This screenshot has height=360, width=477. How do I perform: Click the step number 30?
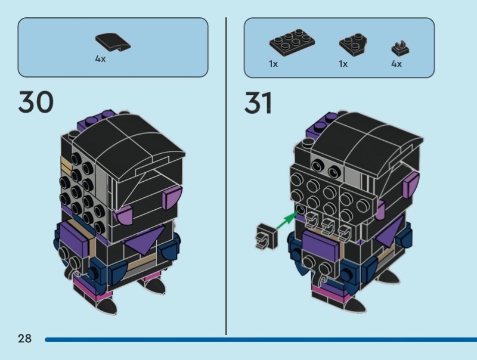click(36, 102)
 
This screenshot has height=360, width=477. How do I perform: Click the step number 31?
click(258, 102)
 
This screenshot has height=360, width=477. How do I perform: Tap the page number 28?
click(24, 339)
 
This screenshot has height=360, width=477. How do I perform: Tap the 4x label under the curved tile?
click(100, 60)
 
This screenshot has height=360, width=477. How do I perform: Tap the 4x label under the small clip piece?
click(397, 64)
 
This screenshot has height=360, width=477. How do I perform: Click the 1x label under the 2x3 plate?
click(273, 64)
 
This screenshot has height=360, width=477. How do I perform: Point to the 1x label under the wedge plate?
click(343, 64)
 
